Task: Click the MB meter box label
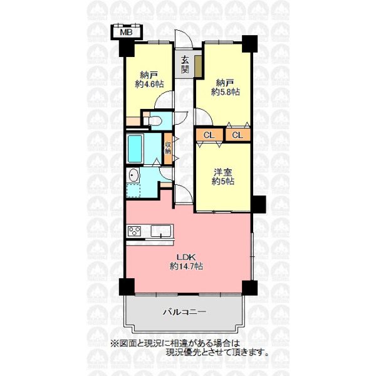pos(126,33)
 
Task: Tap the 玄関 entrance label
pos(185,65)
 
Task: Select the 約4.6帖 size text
pos(149,84)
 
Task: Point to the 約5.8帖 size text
pos(226,92)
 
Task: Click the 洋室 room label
pos(223,172)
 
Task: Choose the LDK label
pos(186,258)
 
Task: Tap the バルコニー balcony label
pos(184,312)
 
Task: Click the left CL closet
pos(209,135)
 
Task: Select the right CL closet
pos(238,135)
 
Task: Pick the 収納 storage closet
pos(168,149)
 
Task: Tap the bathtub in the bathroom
pos(135,149)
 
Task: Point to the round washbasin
pos(134,175)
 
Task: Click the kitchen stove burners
pos(134,231)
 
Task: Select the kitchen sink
pos(161,231)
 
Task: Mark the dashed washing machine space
pos(133,191)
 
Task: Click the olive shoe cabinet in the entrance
pos(198,66)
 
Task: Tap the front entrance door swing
pos(184,39)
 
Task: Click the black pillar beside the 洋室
pos(258,204)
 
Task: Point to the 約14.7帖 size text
pos(186,266)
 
